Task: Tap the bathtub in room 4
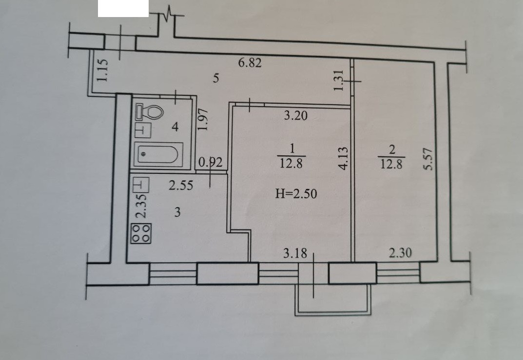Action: click(157, 155)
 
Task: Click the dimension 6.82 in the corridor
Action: click(250, 63)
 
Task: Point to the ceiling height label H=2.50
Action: click(296, 194)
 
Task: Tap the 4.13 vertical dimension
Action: click(344, 159)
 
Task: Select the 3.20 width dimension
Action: click(296, 116)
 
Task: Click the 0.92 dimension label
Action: click(212, 164)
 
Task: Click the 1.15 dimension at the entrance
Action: click(101, 70)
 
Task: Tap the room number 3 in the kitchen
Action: click(177, 213)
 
